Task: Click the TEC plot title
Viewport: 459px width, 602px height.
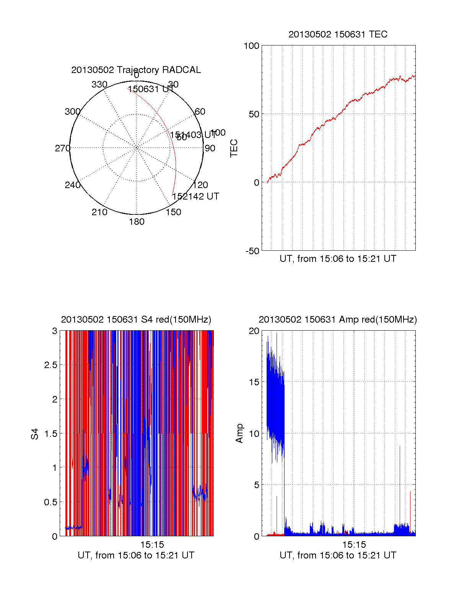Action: coord(338,34)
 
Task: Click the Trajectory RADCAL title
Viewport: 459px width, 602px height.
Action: coord(136,70)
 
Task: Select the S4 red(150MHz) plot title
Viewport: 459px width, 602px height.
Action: coord(136,320)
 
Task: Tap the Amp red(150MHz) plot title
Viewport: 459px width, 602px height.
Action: coord(338,320)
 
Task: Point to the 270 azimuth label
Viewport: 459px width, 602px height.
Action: coord(62,148)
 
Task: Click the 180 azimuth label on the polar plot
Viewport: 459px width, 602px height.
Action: coord(137,222)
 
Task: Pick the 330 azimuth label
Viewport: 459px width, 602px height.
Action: coord(99,84)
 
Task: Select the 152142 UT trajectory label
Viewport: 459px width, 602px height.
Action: coord(195,196)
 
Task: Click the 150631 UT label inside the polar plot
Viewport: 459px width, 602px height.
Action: coord(150,89)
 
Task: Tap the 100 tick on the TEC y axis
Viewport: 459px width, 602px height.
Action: coord(251,46)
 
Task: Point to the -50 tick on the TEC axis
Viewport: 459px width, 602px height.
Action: coord(252,251)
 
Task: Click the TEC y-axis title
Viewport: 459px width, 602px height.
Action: coord(234,148)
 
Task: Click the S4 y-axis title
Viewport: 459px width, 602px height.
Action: coord(35,434)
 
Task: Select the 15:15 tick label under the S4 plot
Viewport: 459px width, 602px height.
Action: coord(152,545)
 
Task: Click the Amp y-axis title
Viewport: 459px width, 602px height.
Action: coord(239,433)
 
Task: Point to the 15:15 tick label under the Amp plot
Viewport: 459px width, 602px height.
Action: coord(354,545)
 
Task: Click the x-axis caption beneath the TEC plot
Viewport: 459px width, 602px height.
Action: coord(338,259)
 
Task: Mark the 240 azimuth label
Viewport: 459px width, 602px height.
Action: coord(72,185)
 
